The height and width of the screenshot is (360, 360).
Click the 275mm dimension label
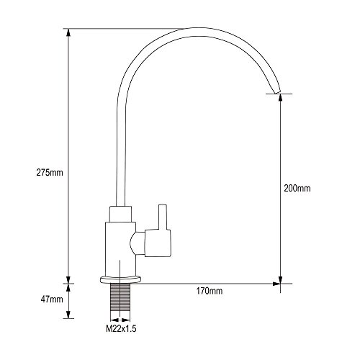coord(50,173)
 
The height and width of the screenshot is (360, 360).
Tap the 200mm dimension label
coord(297,188)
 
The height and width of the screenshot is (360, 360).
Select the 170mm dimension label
coord(210,291)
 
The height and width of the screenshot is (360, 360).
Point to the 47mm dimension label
coord(52,300)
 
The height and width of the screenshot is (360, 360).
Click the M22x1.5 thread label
coord(121,328)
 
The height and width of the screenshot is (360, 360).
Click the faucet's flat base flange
coord(120,279)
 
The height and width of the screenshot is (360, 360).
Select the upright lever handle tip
coord(163,206)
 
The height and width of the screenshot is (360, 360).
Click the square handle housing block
coord(158,243)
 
